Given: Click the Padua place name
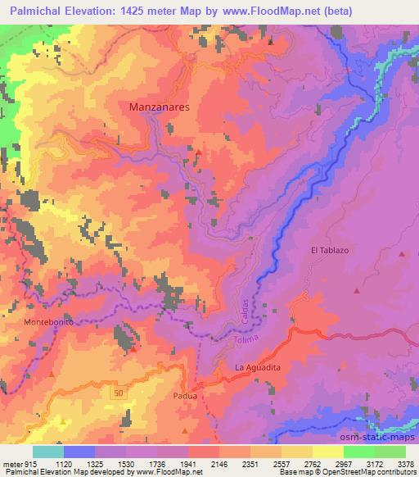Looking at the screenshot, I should pyautogui.click(x=186, y=395).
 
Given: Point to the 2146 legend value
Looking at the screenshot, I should pyautogui.click(x=219, y=464).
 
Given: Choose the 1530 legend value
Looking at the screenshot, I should pyautogui.click(x=126, y=464).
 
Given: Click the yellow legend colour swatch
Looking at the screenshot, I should pyautogui.click(x=327, y=452).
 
